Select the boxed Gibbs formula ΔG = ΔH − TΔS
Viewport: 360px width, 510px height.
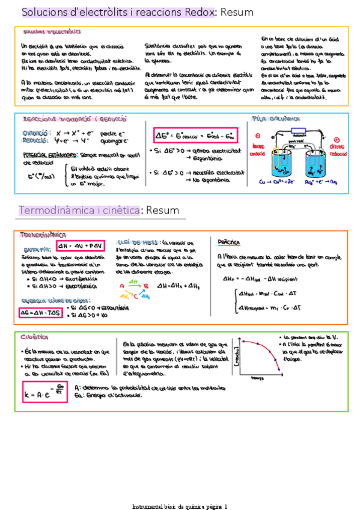tap(39, 313)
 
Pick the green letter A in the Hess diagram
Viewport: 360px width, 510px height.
tap(121, 286)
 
